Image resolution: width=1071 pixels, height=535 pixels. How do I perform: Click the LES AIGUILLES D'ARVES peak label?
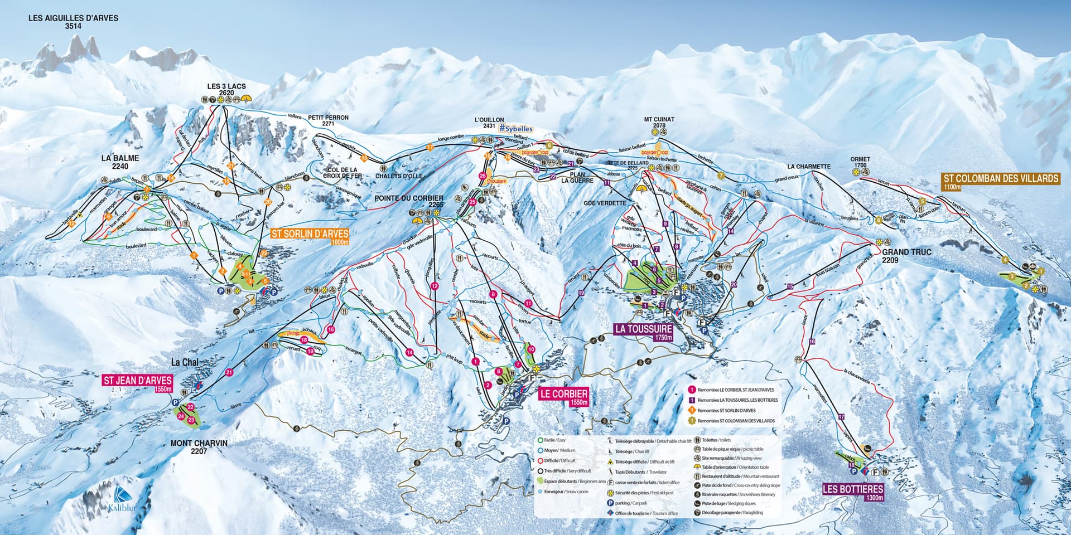pyautogui.click(x=74, y=22)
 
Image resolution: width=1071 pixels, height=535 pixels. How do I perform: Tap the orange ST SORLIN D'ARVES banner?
pyautogui.click(x=310, y=236)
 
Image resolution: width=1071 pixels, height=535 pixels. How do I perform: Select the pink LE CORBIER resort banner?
pyautogui.click(x=564, y=397)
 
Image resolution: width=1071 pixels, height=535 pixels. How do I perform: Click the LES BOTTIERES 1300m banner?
pyautogui.click(x=853, y=492)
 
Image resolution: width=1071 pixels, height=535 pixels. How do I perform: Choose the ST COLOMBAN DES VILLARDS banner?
pyautogui.click(x=1001, y=181)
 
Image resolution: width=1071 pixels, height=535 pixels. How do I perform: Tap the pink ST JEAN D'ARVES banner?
pyautogui.click(x=137, y=383)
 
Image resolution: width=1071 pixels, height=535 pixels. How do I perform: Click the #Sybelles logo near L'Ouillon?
pyautogui.click(x=516, y=129)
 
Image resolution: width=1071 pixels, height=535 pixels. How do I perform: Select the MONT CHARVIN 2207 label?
pyautogui.click(x=199, y=447)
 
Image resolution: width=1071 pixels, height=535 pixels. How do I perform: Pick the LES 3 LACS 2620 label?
pyautogui.click(x=226, y=90)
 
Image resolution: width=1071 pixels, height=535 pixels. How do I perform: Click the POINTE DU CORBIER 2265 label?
pyautogui.click(x=409, y=201)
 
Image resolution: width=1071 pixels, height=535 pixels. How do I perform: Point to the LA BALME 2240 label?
pyautogui.click(x=120, y=162)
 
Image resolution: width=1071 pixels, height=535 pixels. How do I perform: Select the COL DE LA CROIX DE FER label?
pyautogui.click(x=342, y=173)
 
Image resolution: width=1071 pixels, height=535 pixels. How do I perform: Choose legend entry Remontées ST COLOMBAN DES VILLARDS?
pyautogui.click(x=736, y=421)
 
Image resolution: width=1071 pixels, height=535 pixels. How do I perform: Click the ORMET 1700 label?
pyautogui.click(x=860, y=162)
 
